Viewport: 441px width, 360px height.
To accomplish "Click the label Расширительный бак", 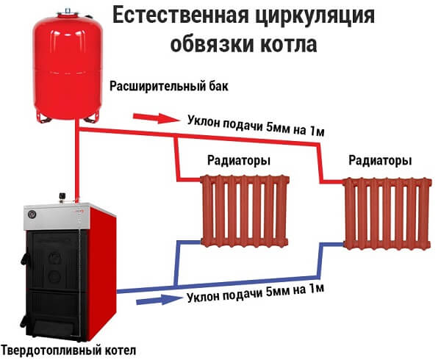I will tap(169, 86).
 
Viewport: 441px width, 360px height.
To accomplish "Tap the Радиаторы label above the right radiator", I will tap(380, 161).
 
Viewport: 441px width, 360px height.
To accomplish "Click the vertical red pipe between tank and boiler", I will tap(77, 162).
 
